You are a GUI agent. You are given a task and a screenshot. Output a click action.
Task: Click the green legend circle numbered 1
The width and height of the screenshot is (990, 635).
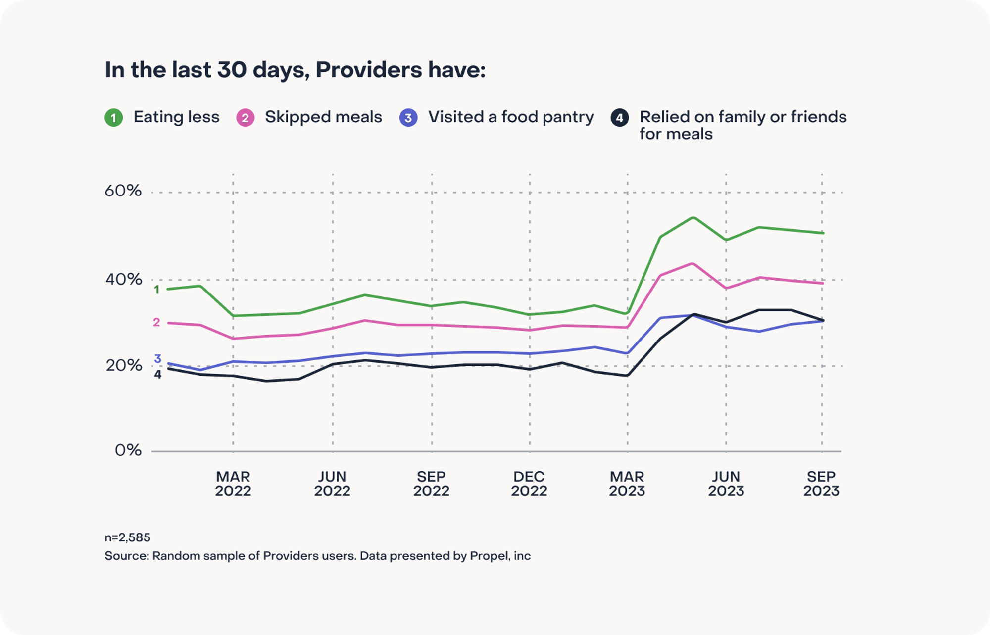pyautogui.click(x=113, y=118)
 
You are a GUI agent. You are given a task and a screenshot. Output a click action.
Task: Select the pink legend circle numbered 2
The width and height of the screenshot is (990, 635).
pyautogui.click(x=245, y=118)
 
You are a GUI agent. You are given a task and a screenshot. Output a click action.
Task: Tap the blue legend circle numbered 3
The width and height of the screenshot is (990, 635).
pyautogui.click(x=408, y=118)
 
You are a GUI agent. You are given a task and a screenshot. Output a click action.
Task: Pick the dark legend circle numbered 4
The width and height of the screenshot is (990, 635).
pyautogui.click(x=619, y=118)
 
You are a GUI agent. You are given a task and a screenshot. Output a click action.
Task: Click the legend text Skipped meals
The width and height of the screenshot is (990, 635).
pyautogui.click(x=323, y=117)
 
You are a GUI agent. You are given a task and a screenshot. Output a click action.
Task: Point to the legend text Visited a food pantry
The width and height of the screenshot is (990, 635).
pyautogui.click(x=510, y=117)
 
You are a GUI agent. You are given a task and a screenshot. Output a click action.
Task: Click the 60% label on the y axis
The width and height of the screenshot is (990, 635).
pyautogui.click(x=123, y=191)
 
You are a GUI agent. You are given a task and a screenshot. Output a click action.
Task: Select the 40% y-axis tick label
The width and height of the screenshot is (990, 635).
pyautogui.click(x=123, y=279)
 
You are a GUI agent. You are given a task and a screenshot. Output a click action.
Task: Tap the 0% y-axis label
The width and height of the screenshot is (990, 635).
pyautogui.click(x=128, y=450)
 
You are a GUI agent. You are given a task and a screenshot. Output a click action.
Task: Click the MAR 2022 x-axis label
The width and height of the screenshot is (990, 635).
pyautogui.click(x=233, y=484)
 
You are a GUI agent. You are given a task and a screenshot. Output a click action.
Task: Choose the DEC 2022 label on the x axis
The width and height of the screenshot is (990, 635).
pyautogui.click(x=529, y=484)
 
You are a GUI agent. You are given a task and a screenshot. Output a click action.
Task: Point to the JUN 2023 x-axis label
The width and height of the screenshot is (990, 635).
pyautogui.click(x=726, y=484)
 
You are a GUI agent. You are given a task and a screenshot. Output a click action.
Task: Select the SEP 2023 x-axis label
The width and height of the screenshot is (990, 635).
pyautogui.click(x=821, y=484)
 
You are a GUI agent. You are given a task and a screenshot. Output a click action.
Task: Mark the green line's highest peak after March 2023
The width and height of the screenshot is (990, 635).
pyautogui.click(x=693, y=218)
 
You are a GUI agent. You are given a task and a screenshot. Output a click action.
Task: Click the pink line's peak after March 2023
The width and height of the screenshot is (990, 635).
pyautogui.click(x=693, y=264)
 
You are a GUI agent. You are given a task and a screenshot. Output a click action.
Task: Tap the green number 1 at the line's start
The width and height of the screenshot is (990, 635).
pyautogui.click(x=156, y=290)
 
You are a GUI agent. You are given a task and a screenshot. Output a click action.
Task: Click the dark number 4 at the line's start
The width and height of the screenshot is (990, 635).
pyautogui.click(x=157, y=375)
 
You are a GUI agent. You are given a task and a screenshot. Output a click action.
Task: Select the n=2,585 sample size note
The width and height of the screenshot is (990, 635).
pyautogui.click(x=127, y=537)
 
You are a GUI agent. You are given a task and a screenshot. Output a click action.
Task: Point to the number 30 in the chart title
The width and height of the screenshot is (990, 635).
pyautogui.click(x=232, y=70)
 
